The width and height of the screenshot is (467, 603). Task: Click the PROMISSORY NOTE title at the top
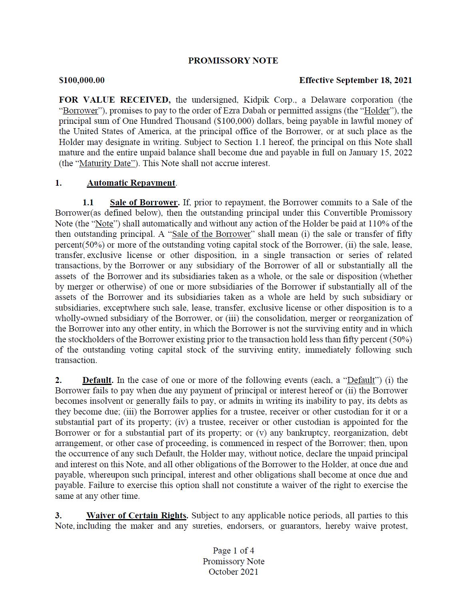click(x=233, y=61)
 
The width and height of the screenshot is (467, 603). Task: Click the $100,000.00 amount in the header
click(x=82, y=80)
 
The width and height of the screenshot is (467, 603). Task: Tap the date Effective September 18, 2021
click(x=355, y=80)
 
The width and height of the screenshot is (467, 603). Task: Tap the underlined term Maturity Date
click(x=105, y=163)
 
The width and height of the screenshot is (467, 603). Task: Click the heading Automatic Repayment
click(x=131, y=183)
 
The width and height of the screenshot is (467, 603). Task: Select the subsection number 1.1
click(x=88, y=202)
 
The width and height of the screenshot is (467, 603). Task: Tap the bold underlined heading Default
click(x=97, y=380)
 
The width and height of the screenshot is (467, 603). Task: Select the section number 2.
click(x=58, y=380)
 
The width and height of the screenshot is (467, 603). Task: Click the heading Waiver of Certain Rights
click(x=136, y=516)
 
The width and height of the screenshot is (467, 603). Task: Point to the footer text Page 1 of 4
click(x=233, y=551)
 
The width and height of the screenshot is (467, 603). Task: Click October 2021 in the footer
click(x=233, y=572)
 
